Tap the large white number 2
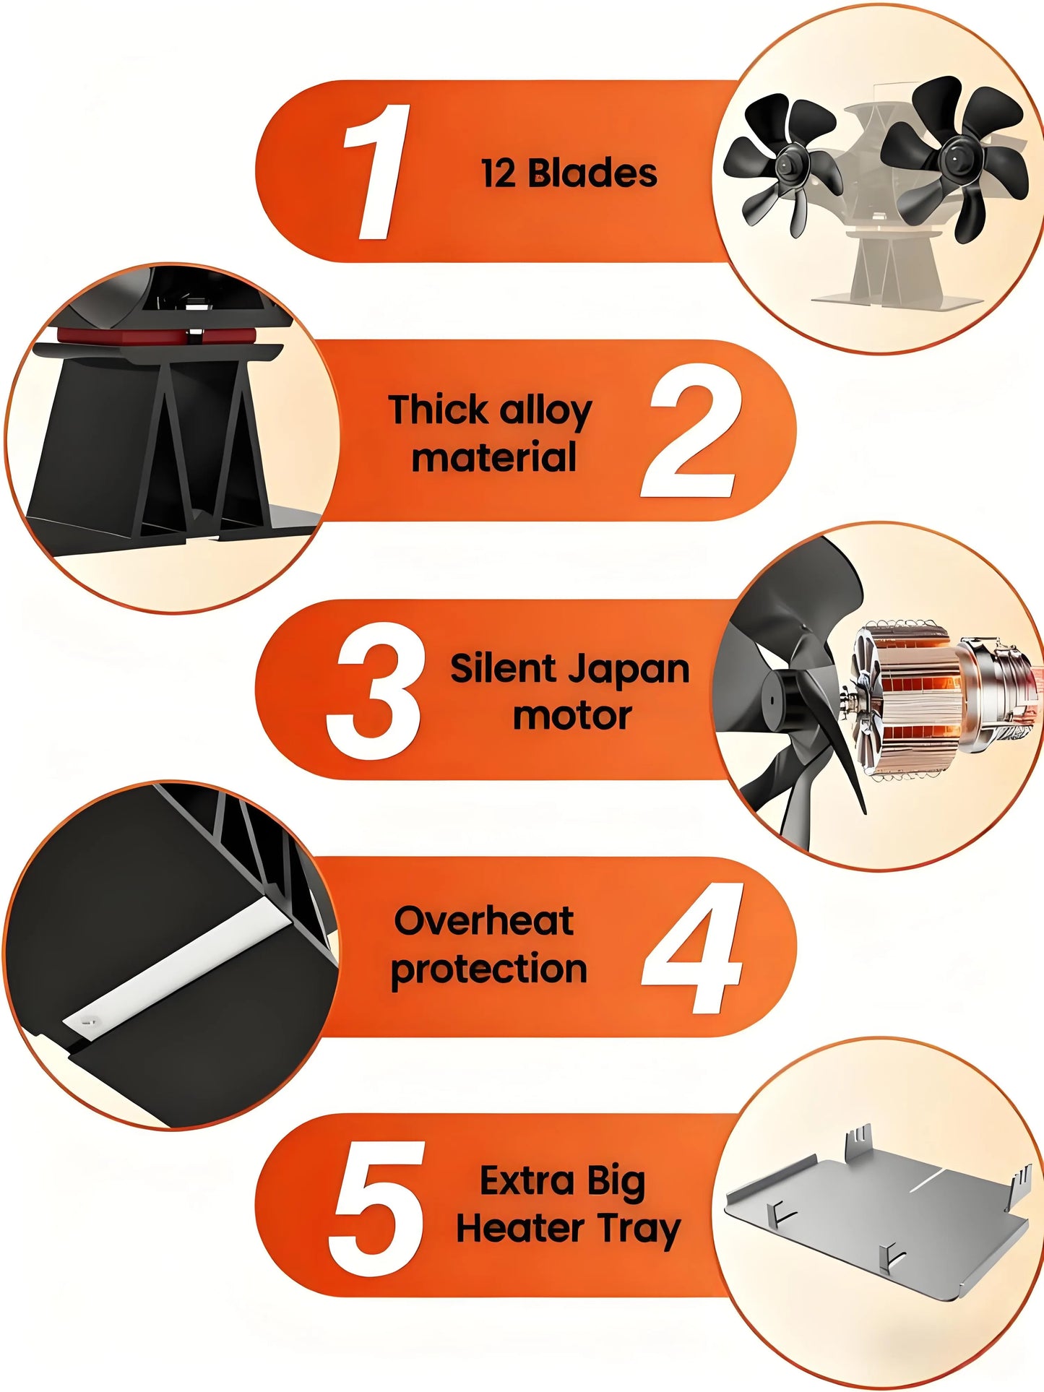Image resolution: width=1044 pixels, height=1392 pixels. [692, 431]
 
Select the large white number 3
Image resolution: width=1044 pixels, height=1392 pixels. [375, 691]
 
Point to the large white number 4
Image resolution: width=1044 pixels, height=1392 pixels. [694, 948]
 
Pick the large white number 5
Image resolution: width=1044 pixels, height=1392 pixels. [377, 1208]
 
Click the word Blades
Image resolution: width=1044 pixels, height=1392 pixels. [592, 173]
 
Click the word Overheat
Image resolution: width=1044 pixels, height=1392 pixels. [483, 921]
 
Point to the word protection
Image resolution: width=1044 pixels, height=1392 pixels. [488, 969]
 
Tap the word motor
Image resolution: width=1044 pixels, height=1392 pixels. [572, 716]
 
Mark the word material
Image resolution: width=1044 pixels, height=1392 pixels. [494, 458]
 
